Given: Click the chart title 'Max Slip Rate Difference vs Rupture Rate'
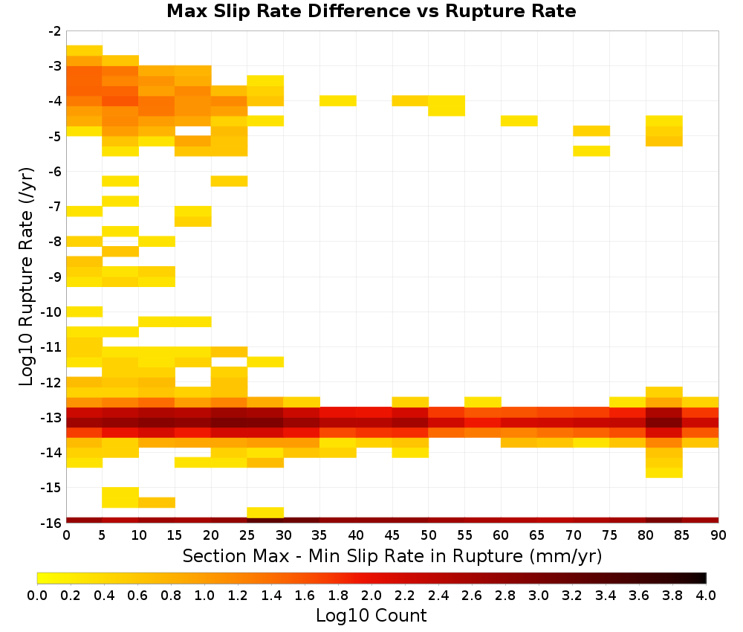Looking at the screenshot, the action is tap(371, 11).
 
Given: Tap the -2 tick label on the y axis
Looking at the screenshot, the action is tap(55, 31).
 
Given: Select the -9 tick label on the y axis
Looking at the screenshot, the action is tap(55, 277).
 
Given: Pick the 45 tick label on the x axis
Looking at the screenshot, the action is tap(392, 535).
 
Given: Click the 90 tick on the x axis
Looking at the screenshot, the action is tap(718, 535).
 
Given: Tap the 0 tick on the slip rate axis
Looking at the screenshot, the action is tap(66, 535).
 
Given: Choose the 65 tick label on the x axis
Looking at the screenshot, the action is tap(537, 535).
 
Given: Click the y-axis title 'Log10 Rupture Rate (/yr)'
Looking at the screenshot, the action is tap(27, 277).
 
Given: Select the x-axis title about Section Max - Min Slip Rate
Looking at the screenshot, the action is tap(392, 556).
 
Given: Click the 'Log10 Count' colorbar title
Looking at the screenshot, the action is tap(371, 616).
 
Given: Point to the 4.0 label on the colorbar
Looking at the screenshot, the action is tap(706, 595).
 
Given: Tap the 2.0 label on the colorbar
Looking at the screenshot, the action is tap(371, 595).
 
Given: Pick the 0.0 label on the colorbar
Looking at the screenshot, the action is tap(37, 595).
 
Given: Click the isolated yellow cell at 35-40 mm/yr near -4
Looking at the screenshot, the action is tap(338, 100).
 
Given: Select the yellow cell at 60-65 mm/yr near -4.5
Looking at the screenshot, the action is tap(519, 121).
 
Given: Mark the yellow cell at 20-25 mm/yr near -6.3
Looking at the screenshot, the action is tap(230, 181).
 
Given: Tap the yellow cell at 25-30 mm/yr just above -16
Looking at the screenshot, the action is tap(265, 512).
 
